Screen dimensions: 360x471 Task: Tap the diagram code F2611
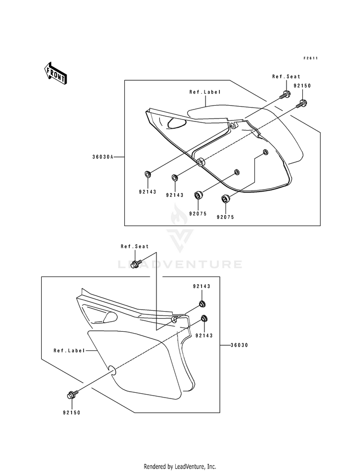coord(310,58)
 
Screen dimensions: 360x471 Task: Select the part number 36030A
coord(103,157)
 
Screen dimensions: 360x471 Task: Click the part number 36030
coord(240,345)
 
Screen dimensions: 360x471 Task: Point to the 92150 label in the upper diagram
coord(302,85)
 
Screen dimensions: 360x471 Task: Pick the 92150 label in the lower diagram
coord(72,413)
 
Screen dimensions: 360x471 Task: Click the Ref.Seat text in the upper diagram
coord(286,77)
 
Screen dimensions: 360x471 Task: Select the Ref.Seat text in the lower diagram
coord(134,247)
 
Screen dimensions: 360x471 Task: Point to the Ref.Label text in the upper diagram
coord(205,92)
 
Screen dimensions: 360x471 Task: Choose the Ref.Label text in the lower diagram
coord(69,350)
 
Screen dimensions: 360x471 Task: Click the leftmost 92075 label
coord(198,214)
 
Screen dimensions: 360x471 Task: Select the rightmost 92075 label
coord(225,217)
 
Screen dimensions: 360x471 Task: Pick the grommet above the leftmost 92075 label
coord(198,195)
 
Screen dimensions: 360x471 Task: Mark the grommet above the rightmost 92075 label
coord(226,199)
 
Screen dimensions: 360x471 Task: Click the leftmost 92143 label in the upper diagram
coord(147,192)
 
